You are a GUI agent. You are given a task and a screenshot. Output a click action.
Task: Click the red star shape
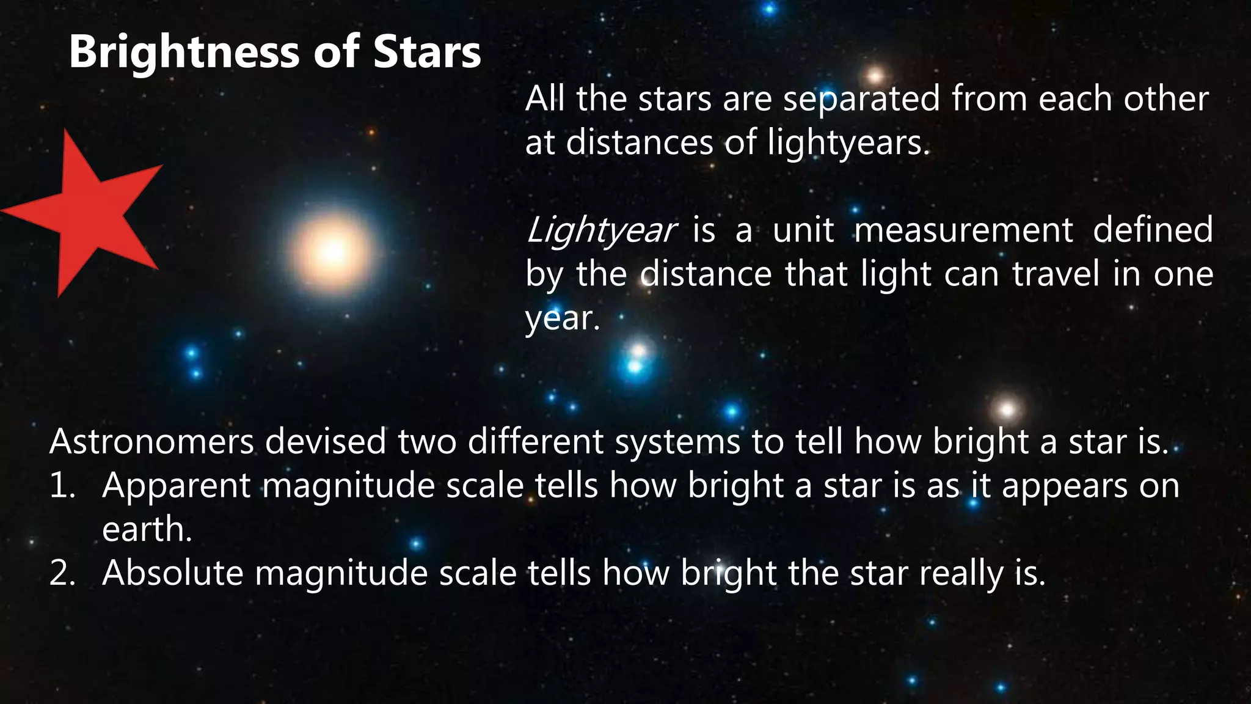[x=86, y=211]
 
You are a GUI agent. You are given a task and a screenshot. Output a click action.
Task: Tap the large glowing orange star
[x=333, y=252]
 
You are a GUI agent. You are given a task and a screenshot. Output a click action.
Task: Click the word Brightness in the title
[x=184, y=52]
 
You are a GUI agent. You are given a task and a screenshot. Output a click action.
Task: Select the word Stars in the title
[x=427, y=52]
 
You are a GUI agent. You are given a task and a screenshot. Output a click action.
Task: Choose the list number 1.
[x=61, y=486]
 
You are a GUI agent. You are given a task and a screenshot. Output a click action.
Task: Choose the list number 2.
[x=61, y=573]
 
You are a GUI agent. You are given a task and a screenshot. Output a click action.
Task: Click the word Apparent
[x=177, y=486]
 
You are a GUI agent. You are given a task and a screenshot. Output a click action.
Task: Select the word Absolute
[x=173, y=573]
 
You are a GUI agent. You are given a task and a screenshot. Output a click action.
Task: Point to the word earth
[x=147, y=529]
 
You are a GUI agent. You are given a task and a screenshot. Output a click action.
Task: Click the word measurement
[x=963, y=230]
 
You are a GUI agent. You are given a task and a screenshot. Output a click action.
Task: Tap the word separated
[x=861, y=99]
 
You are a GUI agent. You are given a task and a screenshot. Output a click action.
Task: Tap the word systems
[x=677, y=441]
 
